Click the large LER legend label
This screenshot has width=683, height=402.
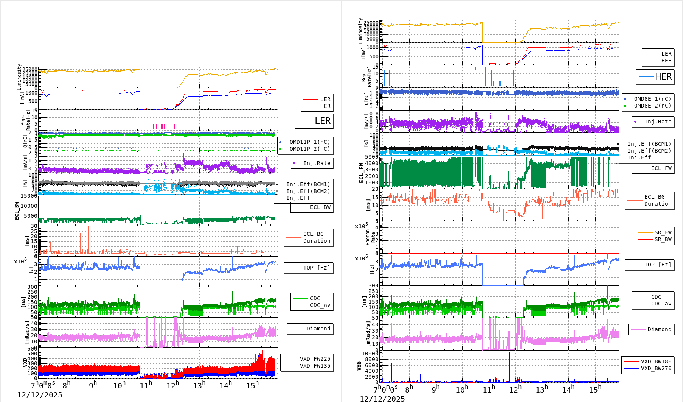click(322, 121)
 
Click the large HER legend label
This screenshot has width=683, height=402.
click(663, 77)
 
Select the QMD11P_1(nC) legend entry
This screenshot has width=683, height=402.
click(309, 142)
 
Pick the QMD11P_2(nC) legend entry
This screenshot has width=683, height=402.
click(309, 149)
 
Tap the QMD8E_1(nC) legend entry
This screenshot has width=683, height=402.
click(652, 99)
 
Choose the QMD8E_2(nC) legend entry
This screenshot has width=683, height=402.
click(652, 106)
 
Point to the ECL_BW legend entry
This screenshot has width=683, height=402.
click(320, 207)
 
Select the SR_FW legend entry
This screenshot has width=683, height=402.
click(663, 232)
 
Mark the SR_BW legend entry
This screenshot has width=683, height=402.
click(663, 239)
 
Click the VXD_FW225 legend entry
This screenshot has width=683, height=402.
click(315, 359)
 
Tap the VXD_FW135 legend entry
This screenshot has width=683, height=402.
click(315, 366)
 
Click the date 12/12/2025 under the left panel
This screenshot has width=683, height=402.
click(39, 395)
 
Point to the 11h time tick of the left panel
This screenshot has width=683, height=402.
click(146, 385)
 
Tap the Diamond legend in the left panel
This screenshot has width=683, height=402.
click(318, 329)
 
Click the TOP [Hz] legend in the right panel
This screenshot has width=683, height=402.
click(657, 265)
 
